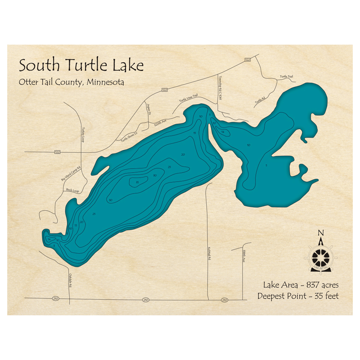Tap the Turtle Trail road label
pyautogui.click(x=287, y=77)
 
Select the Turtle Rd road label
pyautogui.click(x=260, y=100)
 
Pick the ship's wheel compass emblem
pyautogui.click(x=320, y=257)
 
